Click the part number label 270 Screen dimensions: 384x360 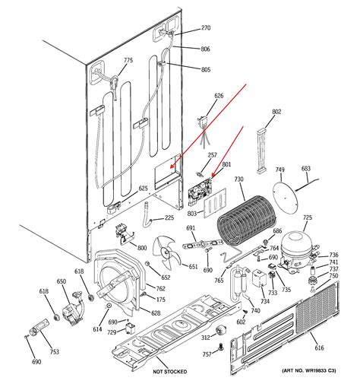205,29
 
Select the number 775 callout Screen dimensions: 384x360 128,61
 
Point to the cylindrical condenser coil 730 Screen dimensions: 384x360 244,220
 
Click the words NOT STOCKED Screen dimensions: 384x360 171,372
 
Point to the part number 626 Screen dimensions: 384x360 219,96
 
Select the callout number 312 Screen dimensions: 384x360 205,337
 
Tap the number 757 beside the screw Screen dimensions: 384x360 207,355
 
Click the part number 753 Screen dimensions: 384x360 55,352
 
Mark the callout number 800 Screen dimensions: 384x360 142,248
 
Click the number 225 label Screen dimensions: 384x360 179,218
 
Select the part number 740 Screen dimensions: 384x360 255,311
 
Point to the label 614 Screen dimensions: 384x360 97,328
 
